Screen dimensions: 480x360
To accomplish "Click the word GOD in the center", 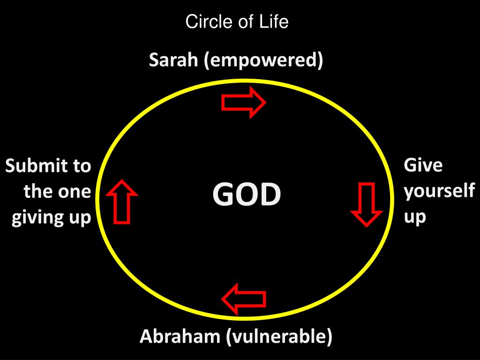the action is [247, 195].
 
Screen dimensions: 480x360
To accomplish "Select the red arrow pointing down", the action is [367, 205].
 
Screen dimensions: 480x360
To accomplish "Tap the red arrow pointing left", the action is [244, 299].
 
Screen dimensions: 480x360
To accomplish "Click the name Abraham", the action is [180, 337].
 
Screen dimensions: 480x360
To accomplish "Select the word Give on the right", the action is [423, 165].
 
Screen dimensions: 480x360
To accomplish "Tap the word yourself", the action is [439, 192].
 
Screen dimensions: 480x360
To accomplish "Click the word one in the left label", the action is [75, 192].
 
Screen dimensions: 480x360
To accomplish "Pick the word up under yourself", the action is [415, 217].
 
